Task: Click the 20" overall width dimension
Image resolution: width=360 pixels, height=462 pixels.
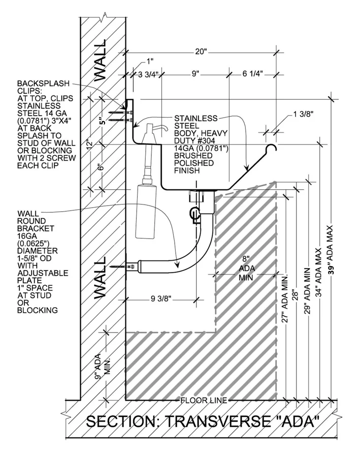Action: (x=201, y=51)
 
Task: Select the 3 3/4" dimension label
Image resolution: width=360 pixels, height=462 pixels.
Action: (x=149, y=75)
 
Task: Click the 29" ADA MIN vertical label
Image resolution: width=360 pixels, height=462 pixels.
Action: (x=307, y=289)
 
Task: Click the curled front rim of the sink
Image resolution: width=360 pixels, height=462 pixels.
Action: (x=272, y=148)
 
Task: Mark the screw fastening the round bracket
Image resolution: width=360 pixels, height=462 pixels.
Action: (x=127, y=265)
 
